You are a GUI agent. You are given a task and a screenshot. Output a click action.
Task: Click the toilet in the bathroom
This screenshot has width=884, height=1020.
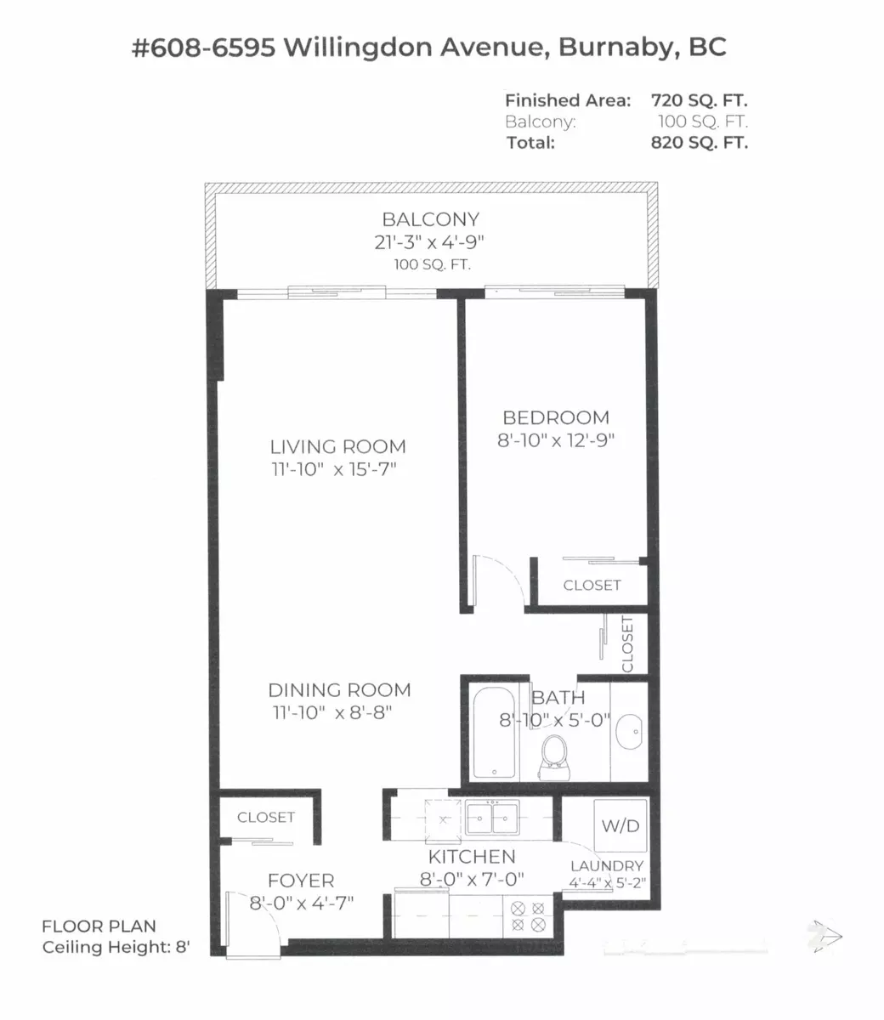coord(554,756)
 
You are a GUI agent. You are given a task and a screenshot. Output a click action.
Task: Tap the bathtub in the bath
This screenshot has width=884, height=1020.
coord(494,733)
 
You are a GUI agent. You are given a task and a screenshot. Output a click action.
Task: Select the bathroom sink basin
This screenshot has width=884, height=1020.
coord(629,731)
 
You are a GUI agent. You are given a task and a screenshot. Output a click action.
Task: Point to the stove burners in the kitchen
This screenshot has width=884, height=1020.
coord(528,915)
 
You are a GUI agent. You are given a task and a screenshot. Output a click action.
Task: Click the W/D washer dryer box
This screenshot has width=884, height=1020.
coord(620,825)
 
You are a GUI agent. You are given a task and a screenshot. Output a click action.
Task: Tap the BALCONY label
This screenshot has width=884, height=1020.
coord(430,219)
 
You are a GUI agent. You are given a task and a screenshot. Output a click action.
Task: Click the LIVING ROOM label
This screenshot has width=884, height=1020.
coord(338,446)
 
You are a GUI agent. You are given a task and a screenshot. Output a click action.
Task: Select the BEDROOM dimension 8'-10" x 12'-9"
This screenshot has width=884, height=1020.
coord(556,440)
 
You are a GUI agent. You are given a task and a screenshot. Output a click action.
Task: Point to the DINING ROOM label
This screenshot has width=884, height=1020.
coord(340,690)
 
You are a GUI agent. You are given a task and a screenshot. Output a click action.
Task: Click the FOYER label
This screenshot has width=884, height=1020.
coord(301,881)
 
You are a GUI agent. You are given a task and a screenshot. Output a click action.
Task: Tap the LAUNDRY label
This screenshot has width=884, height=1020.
coord(607,866)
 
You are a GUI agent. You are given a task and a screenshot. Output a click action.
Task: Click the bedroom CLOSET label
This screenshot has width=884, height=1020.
coord(592,586)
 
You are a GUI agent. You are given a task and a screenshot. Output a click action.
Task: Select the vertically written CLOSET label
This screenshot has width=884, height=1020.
coord(627,644)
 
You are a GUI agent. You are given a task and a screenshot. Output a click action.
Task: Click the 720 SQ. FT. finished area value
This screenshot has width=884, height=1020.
coord(699,100)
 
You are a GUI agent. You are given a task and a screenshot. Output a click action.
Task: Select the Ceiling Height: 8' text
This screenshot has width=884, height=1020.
coord(116,948)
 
